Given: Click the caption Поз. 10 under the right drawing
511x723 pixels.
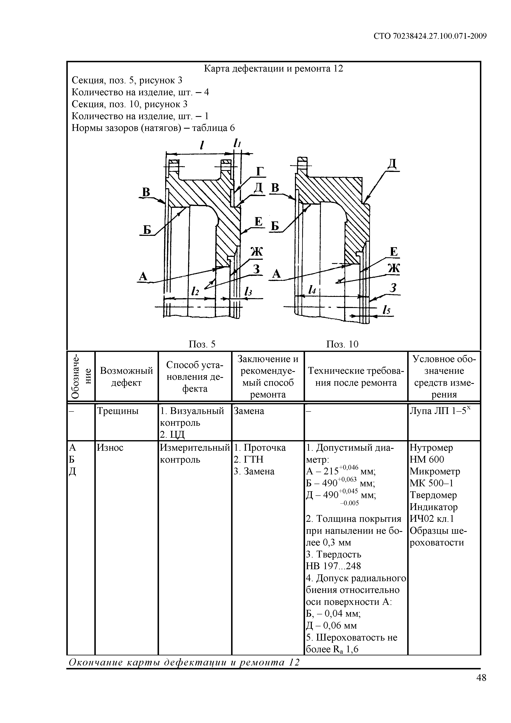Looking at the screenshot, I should coord(342,344).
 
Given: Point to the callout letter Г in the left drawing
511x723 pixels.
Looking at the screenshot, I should coord(259,171).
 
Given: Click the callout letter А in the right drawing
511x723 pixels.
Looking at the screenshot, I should coord(276,274).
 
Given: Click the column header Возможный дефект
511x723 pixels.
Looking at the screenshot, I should coord(126,377).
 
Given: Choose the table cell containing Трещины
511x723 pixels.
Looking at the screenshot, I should coord(118,411).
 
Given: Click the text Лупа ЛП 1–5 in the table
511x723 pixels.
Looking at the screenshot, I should coord(440,411).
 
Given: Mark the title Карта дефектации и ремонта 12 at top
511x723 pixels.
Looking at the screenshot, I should coord(274,68).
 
